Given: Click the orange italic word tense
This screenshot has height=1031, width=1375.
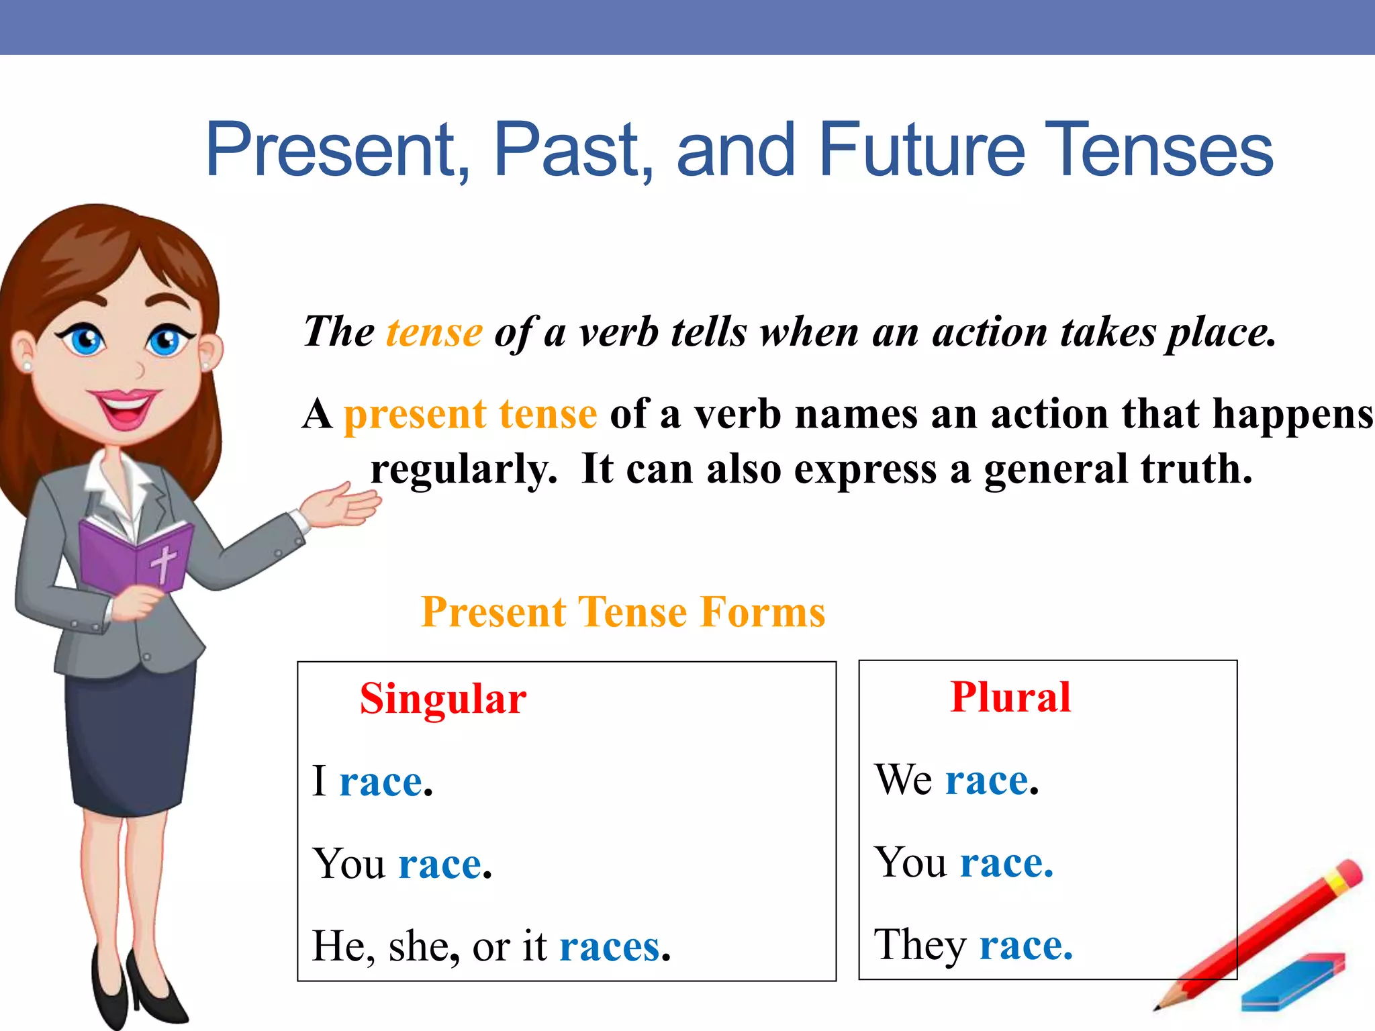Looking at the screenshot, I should click(434, 332).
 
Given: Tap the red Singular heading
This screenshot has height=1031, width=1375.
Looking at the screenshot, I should click(443, 699).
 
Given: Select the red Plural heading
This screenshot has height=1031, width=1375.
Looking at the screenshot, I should click(1010, 697).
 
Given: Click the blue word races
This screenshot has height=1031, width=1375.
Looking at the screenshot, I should click(610, 947).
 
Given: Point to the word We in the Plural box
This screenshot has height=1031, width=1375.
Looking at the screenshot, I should click(903, 780).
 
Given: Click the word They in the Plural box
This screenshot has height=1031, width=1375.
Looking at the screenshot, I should click(919, 945).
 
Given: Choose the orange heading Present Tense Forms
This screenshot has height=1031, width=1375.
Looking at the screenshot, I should click(622, 612).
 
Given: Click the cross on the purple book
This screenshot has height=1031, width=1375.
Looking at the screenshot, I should click(163, 562).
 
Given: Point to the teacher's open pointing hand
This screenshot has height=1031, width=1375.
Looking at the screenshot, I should click(342, 507).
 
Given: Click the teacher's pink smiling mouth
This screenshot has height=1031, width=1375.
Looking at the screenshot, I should click(126, 407).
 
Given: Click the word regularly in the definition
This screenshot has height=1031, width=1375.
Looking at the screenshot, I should click(464, 469).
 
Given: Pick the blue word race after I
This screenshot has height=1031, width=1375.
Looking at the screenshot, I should click(381, 782).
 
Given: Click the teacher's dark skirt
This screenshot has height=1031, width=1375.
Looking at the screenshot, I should click(128, 738).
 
